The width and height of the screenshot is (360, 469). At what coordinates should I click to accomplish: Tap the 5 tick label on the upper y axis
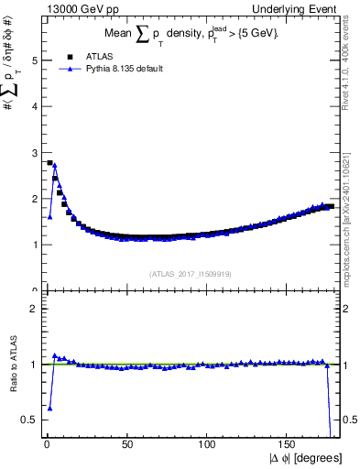click(35, 60)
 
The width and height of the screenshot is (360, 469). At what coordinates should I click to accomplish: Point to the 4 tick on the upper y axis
click(35, 106)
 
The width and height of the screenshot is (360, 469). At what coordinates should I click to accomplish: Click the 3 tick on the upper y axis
click(35, 152)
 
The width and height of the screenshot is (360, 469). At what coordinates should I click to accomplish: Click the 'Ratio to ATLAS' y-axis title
click(10, 364)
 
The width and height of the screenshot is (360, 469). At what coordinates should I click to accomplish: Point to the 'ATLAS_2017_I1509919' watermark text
click(189, 273)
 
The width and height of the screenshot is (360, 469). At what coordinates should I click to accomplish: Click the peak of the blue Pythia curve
click(55, 165)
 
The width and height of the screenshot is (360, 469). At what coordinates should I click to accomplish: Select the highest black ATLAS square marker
click(49, 162)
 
